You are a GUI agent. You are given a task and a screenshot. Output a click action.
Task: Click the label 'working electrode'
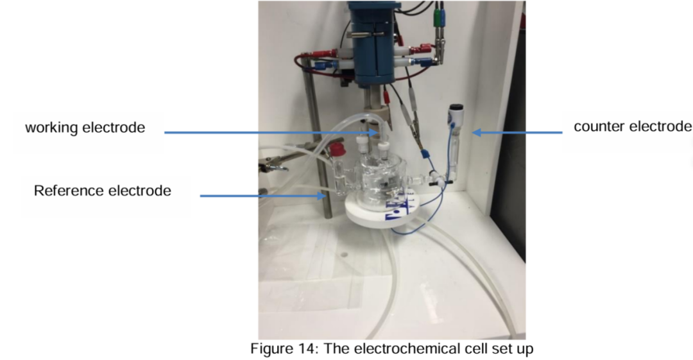tap(85, 128)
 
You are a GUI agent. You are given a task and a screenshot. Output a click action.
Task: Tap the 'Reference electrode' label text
tap(103, 191)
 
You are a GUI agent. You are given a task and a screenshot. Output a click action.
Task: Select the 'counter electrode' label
tap(632, 126)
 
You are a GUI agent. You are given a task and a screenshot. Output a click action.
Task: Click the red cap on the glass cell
tap(334, 152)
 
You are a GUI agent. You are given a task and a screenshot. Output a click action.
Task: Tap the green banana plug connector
tap(438, 16)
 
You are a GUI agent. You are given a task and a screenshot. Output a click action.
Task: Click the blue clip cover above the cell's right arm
tap(424, 155)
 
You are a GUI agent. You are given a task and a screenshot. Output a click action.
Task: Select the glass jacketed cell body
tap(379, 183)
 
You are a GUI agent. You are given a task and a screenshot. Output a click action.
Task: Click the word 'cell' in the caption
tap(480, 350)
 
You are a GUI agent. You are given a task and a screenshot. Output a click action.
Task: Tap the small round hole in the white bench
tap(345, 255)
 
